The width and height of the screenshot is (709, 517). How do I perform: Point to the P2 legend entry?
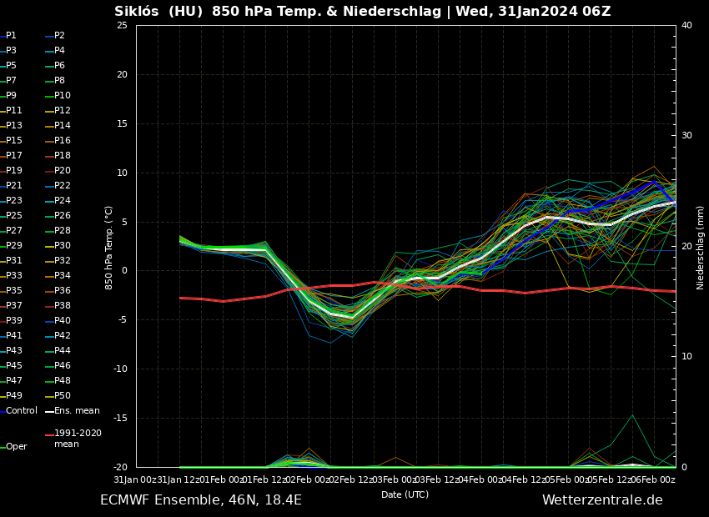pos(59,36)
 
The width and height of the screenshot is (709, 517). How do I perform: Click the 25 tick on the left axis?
pos(122,26)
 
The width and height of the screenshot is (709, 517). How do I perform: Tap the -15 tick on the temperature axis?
pos(120,419)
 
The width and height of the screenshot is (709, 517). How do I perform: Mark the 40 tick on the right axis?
pos(686,26)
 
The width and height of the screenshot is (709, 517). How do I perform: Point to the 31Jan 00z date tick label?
pos(135,479)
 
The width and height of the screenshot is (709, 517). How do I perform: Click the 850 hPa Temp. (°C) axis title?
pos(109,247)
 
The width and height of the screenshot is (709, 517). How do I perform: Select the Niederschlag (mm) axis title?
pos(701,247)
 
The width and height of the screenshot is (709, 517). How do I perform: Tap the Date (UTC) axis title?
pos(405,494)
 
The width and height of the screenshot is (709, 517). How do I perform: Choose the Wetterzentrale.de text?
pos(601,500)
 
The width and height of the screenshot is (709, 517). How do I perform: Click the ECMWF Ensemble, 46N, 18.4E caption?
pos(201,500)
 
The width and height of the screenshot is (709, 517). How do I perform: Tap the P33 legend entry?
pos(14,276)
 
